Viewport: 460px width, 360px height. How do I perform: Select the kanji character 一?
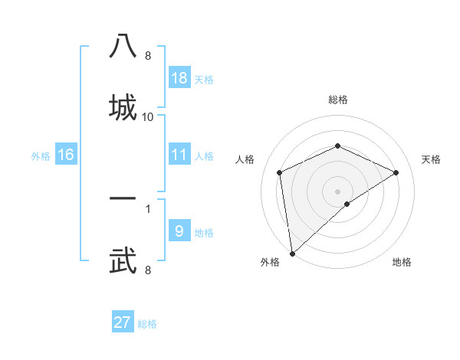pos(123,198)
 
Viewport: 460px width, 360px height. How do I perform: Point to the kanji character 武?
pos(123,259)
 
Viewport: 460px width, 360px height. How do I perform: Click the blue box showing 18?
pos(179,78)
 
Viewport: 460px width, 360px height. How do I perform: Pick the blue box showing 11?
pos(179,155)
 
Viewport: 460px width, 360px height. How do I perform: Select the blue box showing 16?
pos(66,155)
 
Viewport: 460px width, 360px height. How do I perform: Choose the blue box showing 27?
pos(123,322)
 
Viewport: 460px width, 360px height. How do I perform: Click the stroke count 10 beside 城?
pos(148,117)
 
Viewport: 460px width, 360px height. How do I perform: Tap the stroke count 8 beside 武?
pos(147,270)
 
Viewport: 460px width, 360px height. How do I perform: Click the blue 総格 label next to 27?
pos(147,324)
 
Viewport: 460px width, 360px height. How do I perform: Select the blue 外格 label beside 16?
pos(41,156)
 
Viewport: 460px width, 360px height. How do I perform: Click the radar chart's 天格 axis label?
pos(431,159)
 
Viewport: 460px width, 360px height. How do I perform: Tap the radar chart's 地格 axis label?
pos(402,262)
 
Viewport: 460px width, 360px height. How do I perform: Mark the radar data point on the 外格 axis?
pos(291,254)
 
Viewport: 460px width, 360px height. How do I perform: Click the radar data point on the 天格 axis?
pos(396,172)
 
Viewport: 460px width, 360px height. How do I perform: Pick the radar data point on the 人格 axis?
pos(279,172)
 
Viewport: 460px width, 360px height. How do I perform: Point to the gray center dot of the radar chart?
pos(337,191)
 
